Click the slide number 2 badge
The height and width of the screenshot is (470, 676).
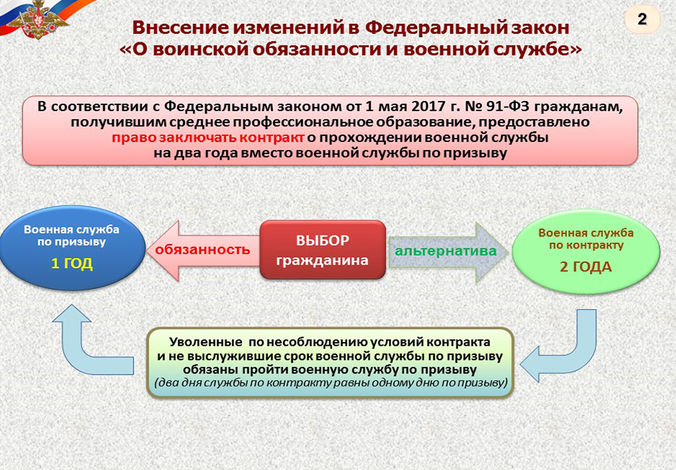tap(642, 19)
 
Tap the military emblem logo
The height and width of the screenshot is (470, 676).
tap(38, 20)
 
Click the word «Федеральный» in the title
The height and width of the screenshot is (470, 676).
tap(436, 27)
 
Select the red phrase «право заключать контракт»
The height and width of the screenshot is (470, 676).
tap(208, 138)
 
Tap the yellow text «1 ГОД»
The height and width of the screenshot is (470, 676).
tap(72, 263)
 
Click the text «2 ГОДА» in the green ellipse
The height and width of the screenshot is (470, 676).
tap(586, 267)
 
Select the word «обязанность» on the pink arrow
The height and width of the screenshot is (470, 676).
tap(203, 250)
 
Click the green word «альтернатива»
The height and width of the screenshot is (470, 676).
tap(445, 250)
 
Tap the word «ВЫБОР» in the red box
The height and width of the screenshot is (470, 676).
tap(322, 241)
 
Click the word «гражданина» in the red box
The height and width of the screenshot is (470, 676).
tap(322, 260)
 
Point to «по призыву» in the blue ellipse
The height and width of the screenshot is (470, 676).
tap(71, 241)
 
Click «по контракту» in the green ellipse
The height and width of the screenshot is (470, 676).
tap(587, 245)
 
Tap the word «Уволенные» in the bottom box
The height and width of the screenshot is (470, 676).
tap(206, 342)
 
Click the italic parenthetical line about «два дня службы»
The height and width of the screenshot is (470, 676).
tap(330, 383)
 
